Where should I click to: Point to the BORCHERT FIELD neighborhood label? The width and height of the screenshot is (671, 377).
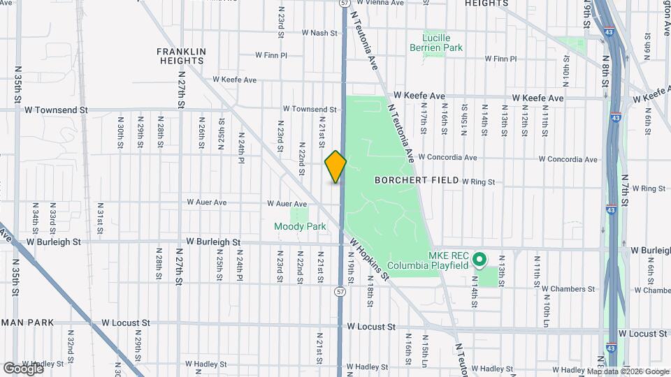click(x=417, y=180)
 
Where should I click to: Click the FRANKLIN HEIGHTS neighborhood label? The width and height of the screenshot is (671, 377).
click(x=181, y=56)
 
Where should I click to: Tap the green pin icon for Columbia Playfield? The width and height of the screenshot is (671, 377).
click(x=479, y=260)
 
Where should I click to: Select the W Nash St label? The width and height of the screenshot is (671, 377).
click(x=319, y=33)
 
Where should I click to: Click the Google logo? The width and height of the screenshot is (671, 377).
click(x=23, y=367)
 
